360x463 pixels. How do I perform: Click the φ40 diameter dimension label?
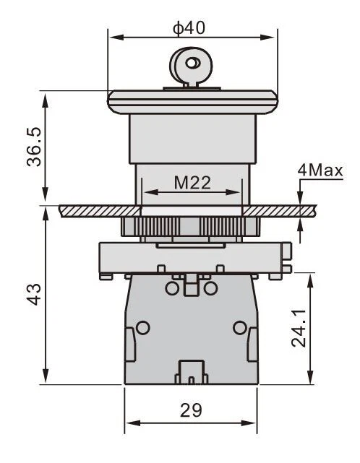point(189,28)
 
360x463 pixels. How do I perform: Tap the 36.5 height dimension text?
point(34,147)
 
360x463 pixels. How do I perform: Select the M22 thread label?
point(192,183)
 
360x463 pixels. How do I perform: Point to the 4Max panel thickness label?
point(320,170)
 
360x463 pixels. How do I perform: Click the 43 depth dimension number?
point(34,294)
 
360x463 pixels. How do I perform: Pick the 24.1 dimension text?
point(299,328)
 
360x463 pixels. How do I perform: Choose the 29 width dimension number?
point(192,410)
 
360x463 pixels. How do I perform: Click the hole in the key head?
point(192,63)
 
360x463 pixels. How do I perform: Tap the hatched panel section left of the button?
point(100,211)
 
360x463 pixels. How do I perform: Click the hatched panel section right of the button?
point(279,211)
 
